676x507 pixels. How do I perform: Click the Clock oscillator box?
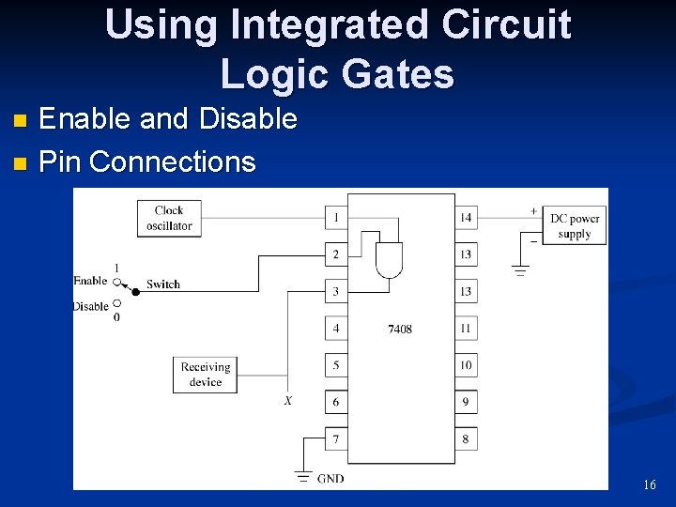pyautogui.click(x=169, y=218)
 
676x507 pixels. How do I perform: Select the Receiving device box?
pyautogui.click(x=205, y=375)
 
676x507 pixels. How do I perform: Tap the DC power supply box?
pyautogui.click(x=574, y=226)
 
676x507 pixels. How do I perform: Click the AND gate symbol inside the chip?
pyautogui.click(x=389, y=260)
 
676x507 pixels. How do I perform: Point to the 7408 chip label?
pyautogui.click(x=400, y=329)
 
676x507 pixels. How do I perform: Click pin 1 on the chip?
pyautogui.click(x=336, y=218)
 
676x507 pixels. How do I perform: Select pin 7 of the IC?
pyautogui.click(x=336, y=438)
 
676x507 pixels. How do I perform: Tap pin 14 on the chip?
pyautogui.click(x=466, y=218)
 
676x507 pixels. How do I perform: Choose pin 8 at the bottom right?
pyautogui.click(x=466, y=438)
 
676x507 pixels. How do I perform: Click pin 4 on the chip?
pyautogui.click(x=336, y=329)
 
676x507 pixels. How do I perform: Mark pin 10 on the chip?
pyautogui.click(x=466, y=365)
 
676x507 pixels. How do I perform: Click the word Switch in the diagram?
pyautogui.click(x=163, y=284)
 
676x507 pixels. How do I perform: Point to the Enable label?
pyautogui.click(x=90, y=281)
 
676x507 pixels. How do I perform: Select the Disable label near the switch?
pyautogui.click(x=90, y=306)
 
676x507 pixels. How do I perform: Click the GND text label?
pyautogui.click(x=330, y=479)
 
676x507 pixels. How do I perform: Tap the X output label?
pyautogui.click(x=287, y=401)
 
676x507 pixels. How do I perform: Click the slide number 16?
pyautogui.click(x=650, y=485)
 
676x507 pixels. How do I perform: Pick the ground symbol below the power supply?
pyautogui.click(x=520, y=271)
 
